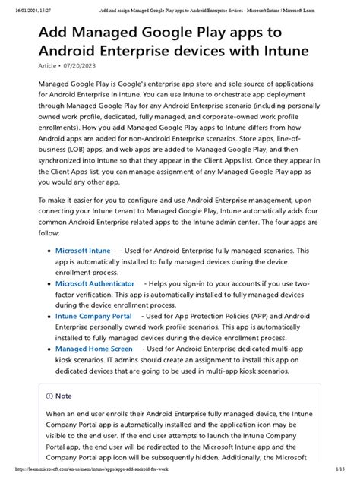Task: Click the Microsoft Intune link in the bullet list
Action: pyautogui.click(x=83, y=250)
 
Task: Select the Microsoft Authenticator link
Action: pyautogui.click(x=95, y=283)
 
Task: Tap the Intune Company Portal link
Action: pyautogui.click(x=93, y=315)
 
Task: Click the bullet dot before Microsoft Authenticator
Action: pyautogui.click(x=49, y=283)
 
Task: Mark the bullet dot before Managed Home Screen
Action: pyautogui.click(x=49, y=348)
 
